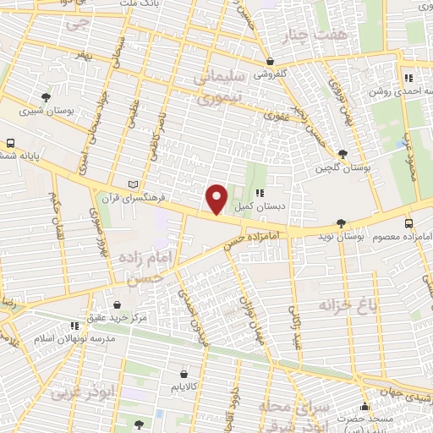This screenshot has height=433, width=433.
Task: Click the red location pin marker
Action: pos(217,199)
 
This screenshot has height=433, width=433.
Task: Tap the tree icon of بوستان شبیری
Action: pos(45,97)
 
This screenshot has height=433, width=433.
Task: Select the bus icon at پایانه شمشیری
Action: pos(11,143)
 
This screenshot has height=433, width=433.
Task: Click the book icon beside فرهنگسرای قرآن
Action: pos(129,184)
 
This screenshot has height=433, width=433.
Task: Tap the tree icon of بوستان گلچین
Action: pos(342,154)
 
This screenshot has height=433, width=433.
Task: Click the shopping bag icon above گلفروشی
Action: pos(270,62)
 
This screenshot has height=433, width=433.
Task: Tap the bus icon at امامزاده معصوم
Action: pos(409,223)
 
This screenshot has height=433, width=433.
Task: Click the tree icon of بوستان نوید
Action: pos(341,224)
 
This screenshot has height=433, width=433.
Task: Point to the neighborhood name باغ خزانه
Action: pos(346,303)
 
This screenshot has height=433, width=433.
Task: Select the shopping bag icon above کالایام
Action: pos(184,371)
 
